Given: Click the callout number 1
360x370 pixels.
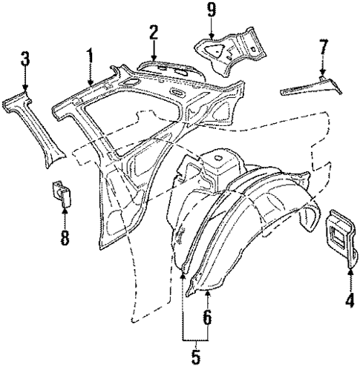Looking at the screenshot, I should point(90,56).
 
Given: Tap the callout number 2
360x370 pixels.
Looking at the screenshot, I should point(153,33).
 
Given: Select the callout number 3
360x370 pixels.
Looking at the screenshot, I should point(24,58).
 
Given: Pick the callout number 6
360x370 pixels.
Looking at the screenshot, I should point(207,318).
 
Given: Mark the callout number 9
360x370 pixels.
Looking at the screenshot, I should point(212,11).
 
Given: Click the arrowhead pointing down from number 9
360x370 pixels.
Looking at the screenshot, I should point(212,36).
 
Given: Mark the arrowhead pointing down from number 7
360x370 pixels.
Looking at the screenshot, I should point(322,74).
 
